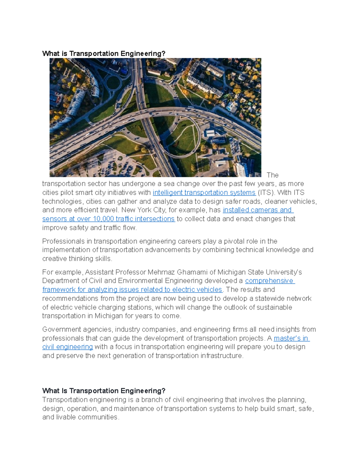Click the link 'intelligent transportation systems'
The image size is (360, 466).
coord(204,193)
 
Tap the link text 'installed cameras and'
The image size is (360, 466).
coord(257,210)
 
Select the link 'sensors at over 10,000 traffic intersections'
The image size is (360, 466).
coord(108,219)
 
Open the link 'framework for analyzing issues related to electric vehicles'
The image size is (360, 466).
coord(132,290)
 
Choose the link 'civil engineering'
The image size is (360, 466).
coord(67,347)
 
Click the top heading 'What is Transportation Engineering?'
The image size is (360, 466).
coord(104,54)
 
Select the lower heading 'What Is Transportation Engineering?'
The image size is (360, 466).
coord(104,391)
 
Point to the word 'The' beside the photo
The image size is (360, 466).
coord(272,175)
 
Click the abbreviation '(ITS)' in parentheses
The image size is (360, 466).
coord(266,193)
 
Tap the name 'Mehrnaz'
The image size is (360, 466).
coord(161,272)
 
